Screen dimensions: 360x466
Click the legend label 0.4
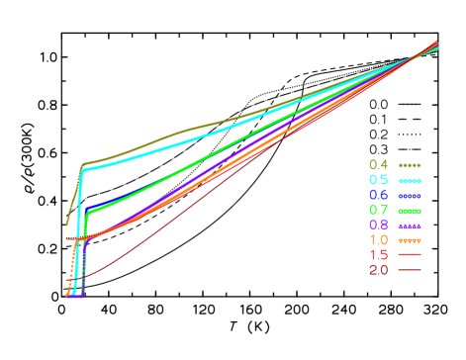pyautogui.click(x=378, y=165)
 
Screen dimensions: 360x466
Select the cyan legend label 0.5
pyautogui.click(x=378, y=180)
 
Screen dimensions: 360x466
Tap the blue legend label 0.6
pyautogui.click(x=378, y=196)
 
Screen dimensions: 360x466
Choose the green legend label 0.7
pyautogui.click(x=378, y=211)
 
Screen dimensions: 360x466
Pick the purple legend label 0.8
pyautogui.click(x=378, y=225)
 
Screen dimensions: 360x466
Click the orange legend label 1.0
pyautogui.click(x=378, y=240)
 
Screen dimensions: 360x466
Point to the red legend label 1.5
pyautogui.click(x=378, y=255)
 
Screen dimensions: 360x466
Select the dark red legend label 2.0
pyautogui.click(x=378, y=270)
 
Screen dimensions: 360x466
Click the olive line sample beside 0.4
pyautogui.click(x=410, y=165)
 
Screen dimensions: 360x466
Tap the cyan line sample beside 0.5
pyautogui.click(x=410, y=181)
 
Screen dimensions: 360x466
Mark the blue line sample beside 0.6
pyautogui.click(x=410, y=196)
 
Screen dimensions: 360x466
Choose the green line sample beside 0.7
pyautogui.click(x=410, y=211)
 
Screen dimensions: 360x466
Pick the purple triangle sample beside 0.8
pyautogui.click(x=410, y=225)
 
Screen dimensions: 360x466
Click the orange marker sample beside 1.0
pyautogui.click(x=410, y=240)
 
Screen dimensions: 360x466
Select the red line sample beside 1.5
pyautogui.click(x=410, y=255)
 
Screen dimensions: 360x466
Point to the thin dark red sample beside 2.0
pyautogui.click(x=410, y=270)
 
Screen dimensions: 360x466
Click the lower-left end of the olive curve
pyautogui.click(x=66, y=225)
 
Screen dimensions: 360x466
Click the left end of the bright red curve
pyautogui.click(x=67, y=240)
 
